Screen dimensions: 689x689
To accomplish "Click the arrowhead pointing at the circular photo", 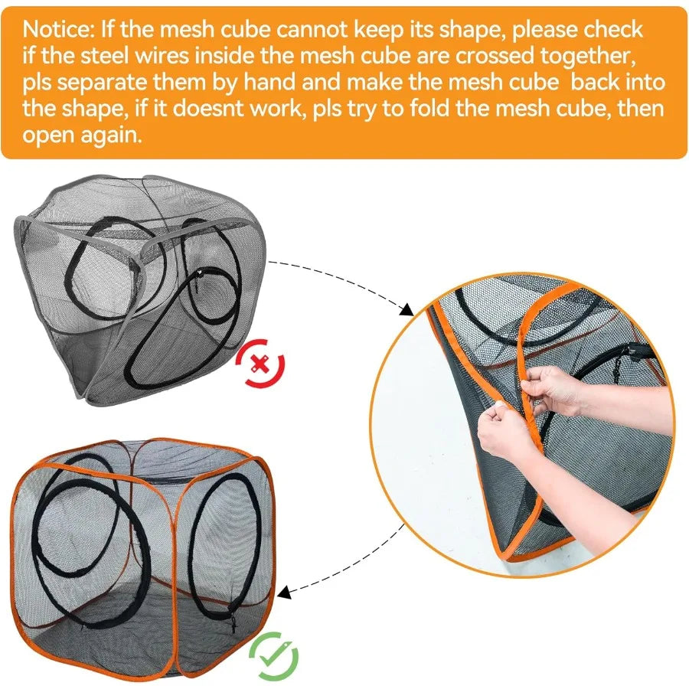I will tap(406, 309).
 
